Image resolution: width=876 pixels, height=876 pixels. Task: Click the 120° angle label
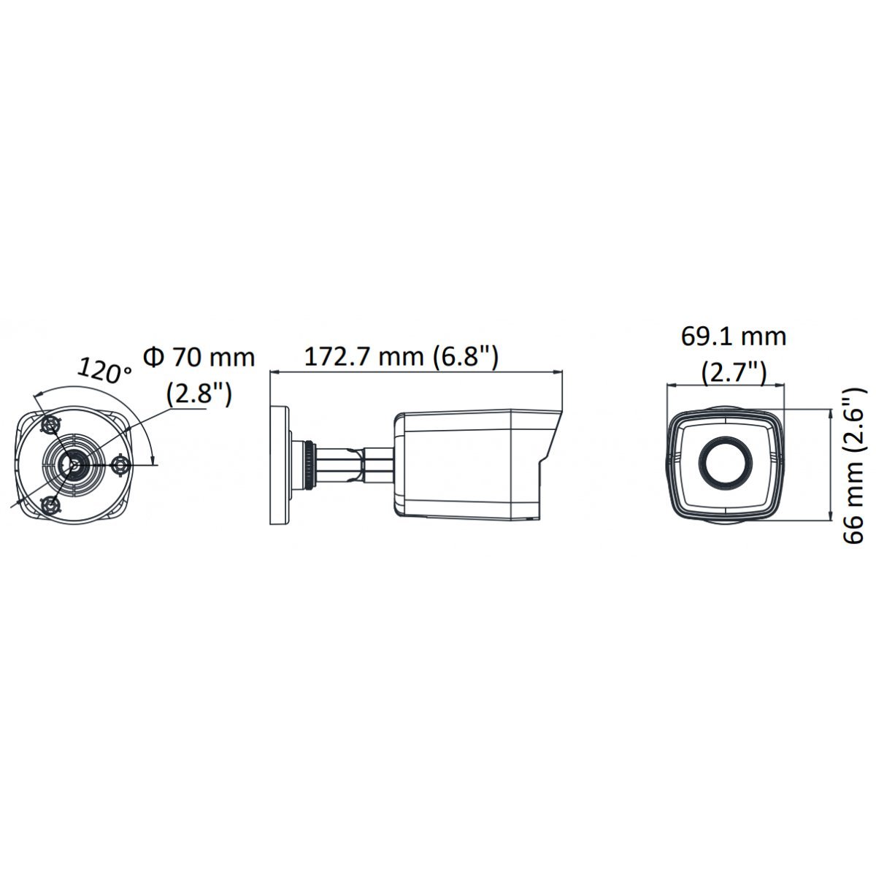pyautogui.click(x=104, y=370)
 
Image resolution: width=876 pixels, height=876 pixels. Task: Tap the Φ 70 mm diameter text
pyautogui.click(x=199, y=357)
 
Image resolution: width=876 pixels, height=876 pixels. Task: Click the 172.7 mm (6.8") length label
pyautogui.click(x=401, y=357)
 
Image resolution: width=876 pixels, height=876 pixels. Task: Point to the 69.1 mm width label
pyautogui.click(x=733, y=337)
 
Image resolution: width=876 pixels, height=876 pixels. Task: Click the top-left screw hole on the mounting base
pyautogui.click(x=50, y=426)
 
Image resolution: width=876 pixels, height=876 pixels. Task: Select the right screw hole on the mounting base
pyautogui.click(x=121, y=464)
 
